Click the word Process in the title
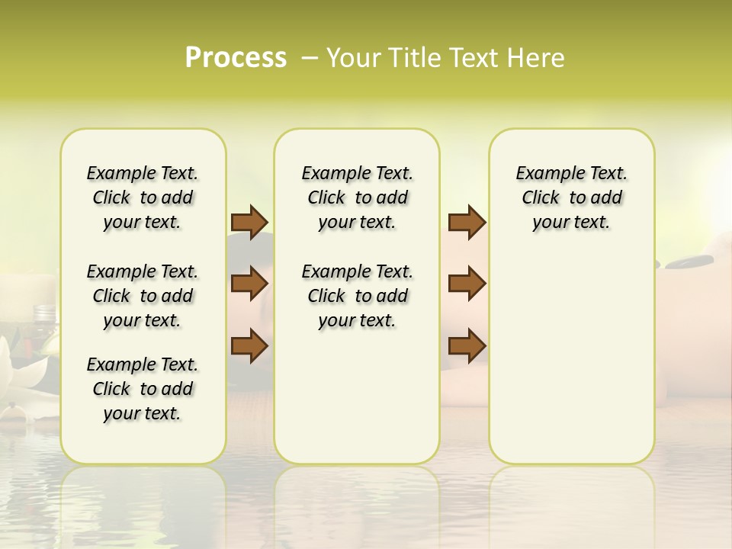pyautogui.click(x=236, y=58)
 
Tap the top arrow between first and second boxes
pyautogui.click(x=249, y=223)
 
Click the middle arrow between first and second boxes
pyautogui.click(x=249, y=284)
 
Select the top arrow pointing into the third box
pyautogui.click(x=467, y=223)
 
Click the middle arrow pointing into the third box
pyautogui.click(x=467, y=284)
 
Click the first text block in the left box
pyautogui.click(x=143, y=197)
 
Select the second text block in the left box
pyautogui.click(x=143, y=296)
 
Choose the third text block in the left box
pyautogui.click(x=143, y=389)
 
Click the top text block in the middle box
pyautogui.click(x=357, y=197)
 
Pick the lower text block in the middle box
pyautogui.click(x=357, y=296)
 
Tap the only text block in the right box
pyautogui.click(x=571, y=197)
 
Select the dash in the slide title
pyautogui.click(x=310, y=58)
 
